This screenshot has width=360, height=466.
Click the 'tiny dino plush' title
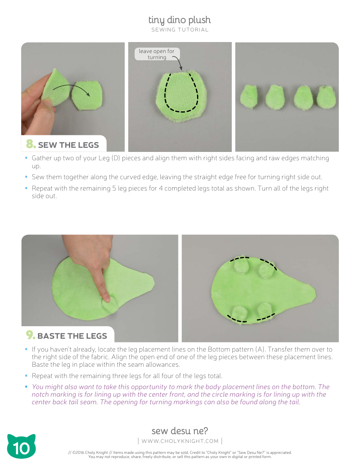pos(179,20)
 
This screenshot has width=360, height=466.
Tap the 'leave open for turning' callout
pos(157,54)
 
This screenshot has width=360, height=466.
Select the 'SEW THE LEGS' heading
pos(68,145)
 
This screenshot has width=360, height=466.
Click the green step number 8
pos(31,144)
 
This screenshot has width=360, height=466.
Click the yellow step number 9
pos(30,335)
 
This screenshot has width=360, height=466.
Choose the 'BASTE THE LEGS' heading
pos(72,336)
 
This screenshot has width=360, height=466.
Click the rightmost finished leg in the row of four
pos(327,97)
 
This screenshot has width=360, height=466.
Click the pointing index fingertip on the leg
pos(107,299)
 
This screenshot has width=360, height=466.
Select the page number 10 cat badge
pos(21,447)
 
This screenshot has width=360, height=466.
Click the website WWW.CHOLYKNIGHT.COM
pos(180,441)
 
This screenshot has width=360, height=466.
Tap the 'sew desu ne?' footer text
pos(180,431)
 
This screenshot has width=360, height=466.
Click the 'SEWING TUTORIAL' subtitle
pos(180,30)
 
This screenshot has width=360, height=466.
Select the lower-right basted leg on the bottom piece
pos(265,311)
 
